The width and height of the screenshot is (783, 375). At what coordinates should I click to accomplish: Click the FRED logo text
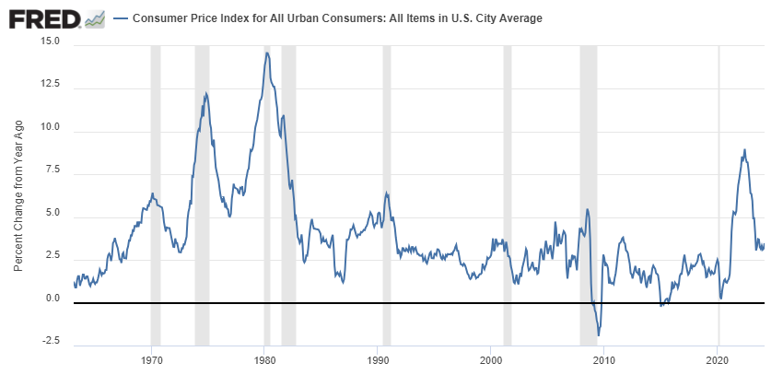(x=42, y=18)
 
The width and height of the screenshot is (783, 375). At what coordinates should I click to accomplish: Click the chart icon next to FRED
(x=94, y=18)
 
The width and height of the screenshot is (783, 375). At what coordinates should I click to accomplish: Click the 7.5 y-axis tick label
(x=53, y=171)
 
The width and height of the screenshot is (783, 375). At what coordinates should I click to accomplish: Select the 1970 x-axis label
(x=152, y=360)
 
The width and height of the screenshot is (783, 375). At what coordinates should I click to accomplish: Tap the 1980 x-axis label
(x=265, y=360)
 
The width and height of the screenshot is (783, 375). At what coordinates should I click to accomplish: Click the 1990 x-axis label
(x=379, y=360)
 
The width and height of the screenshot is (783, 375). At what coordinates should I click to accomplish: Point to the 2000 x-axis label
(x=491, y=360)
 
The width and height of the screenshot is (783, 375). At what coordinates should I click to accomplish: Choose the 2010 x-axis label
(x=604, y=360)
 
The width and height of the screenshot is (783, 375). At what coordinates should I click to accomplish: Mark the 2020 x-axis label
(x=718, y=360)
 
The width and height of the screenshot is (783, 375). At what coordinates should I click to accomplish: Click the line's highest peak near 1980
(x=266, y=53)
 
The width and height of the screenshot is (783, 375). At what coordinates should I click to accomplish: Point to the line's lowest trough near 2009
(x=598, y=335)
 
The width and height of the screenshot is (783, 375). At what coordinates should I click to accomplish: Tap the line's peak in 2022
(x=744, y=149)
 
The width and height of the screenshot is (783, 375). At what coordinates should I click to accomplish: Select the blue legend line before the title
(x=120, y=18)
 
